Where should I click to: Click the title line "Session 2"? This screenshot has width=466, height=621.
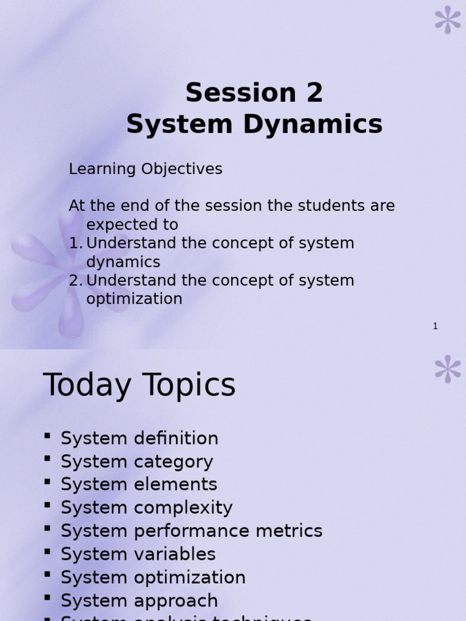(254, 93)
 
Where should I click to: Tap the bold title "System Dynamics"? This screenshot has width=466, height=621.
(254, 125)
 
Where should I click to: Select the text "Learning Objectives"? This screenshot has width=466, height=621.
(146, 169)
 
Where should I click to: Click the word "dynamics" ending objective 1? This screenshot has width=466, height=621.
(123, 262)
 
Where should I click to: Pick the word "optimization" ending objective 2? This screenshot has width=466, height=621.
(134, 299)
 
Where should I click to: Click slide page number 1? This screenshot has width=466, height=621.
(435, 326)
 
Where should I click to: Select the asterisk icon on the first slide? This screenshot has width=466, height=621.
(448, 19)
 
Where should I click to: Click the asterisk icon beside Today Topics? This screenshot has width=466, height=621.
(448, 369)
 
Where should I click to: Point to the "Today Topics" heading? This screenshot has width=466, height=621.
(139, 386)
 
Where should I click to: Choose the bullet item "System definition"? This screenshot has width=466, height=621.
(139, 438)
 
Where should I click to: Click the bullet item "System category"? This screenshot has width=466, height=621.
(137, 462)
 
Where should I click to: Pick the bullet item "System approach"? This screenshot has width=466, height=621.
(139, 600)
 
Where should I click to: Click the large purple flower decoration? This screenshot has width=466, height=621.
(70, 267)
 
